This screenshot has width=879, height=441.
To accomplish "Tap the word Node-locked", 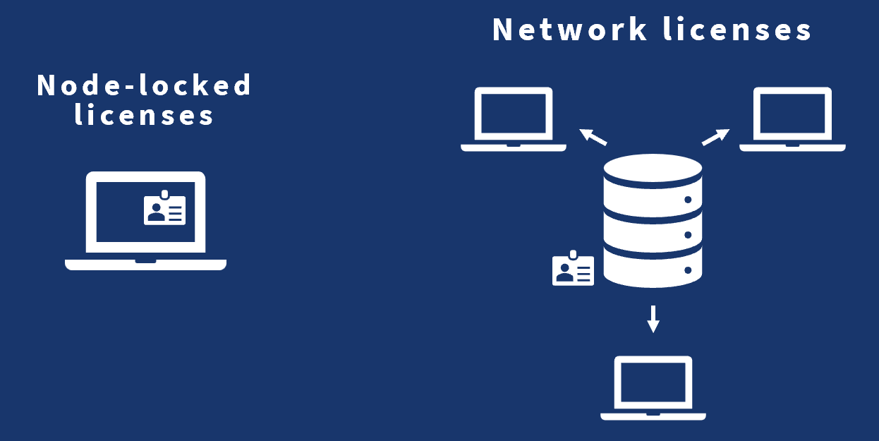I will [144, 85].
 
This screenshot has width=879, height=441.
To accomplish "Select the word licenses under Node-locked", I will [144, 114].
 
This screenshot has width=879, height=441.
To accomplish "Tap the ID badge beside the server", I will [573, 270].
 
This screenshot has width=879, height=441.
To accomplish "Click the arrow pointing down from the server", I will [653, 318].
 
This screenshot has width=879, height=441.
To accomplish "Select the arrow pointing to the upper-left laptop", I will [593, 136].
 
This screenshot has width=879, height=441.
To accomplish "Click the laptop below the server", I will [653, 388].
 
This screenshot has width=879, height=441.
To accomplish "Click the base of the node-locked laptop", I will [145, 265].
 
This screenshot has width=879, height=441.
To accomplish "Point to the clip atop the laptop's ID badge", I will [164, 193].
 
